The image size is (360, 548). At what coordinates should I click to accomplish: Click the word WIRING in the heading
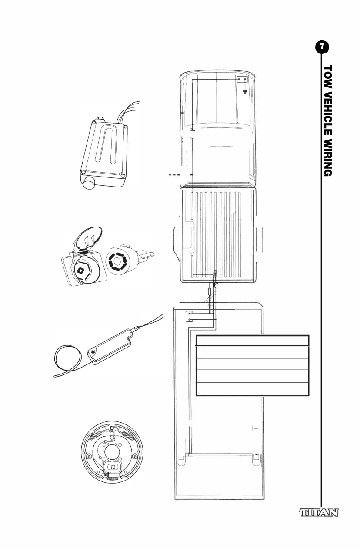coord(328,155)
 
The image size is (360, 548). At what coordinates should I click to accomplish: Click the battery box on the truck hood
coord(242,80)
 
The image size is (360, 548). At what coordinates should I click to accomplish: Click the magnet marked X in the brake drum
coord(113,467)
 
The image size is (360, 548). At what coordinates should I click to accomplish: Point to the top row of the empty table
coord(253,341)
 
